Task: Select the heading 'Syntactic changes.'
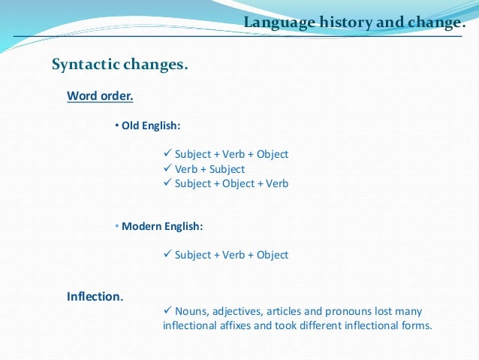(119, 65)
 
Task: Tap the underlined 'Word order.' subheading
(100, 96)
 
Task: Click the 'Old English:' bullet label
(151, 125)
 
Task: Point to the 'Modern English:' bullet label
(162, 225)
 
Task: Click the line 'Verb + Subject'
(209, 169)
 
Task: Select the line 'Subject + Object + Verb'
(231, 183)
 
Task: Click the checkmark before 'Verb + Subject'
(167, 169)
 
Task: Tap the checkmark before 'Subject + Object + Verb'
(167, 183)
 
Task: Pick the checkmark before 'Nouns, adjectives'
(167, 310)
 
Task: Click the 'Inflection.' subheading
(95, 296)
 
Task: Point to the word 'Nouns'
(191, 311)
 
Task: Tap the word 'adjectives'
(239, 311)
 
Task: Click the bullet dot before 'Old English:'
(117, 125)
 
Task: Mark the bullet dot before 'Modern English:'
(117, 225)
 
